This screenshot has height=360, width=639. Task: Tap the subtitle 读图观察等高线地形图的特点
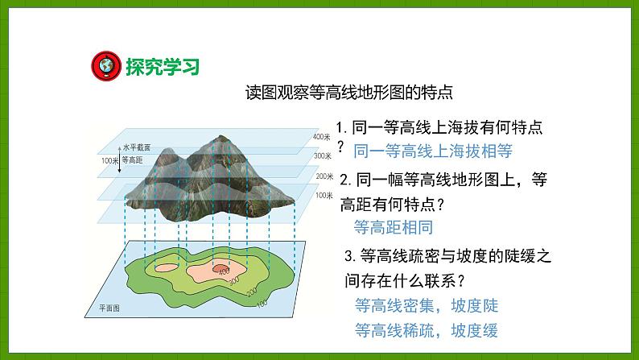pyautogui.click(x=349, y=92)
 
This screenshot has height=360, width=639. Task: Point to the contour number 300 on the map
pyautogui.click(x=234, y=282)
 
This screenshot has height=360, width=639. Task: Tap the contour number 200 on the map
pyautogui.click(x=246, y=292)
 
